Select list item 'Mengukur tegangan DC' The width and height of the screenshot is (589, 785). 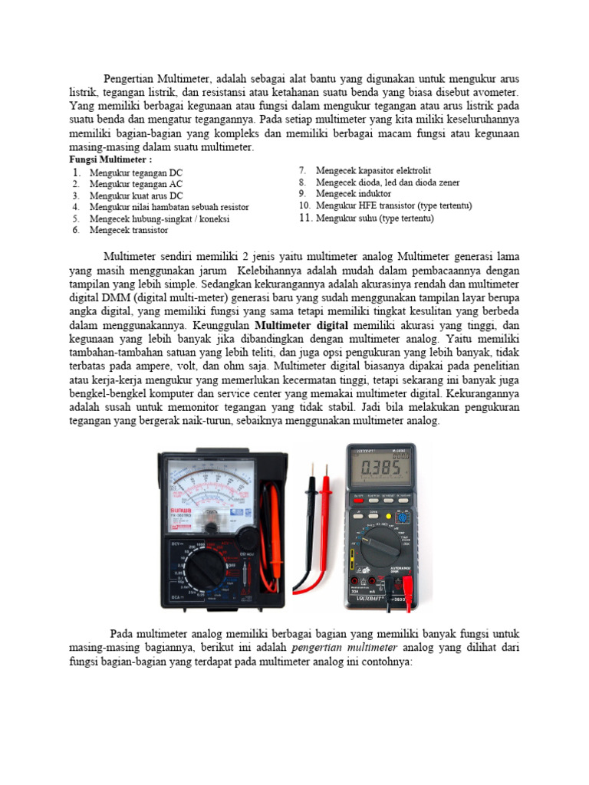coord(136,172)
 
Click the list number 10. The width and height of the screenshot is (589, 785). coord(304,205)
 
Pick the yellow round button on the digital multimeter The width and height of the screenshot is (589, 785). coord(401,518)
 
